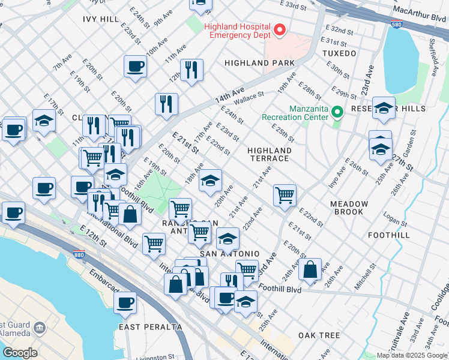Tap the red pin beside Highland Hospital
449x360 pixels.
point(279,29)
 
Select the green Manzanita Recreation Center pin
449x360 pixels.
point(337,112)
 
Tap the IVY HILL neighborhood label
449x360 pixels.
point(101,19)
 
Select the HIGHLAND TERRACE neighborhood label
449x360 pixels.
point(270,154)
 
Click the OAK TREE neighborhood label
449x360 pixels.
point(315,334)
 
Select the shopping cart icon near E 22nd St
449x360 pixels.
point(284,194)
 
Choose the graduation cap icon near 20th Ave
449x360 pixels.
point(210,180)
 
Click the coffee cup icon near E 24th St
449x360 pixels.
point(135,66)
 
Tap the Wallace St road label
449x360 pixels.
point(249,96)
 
